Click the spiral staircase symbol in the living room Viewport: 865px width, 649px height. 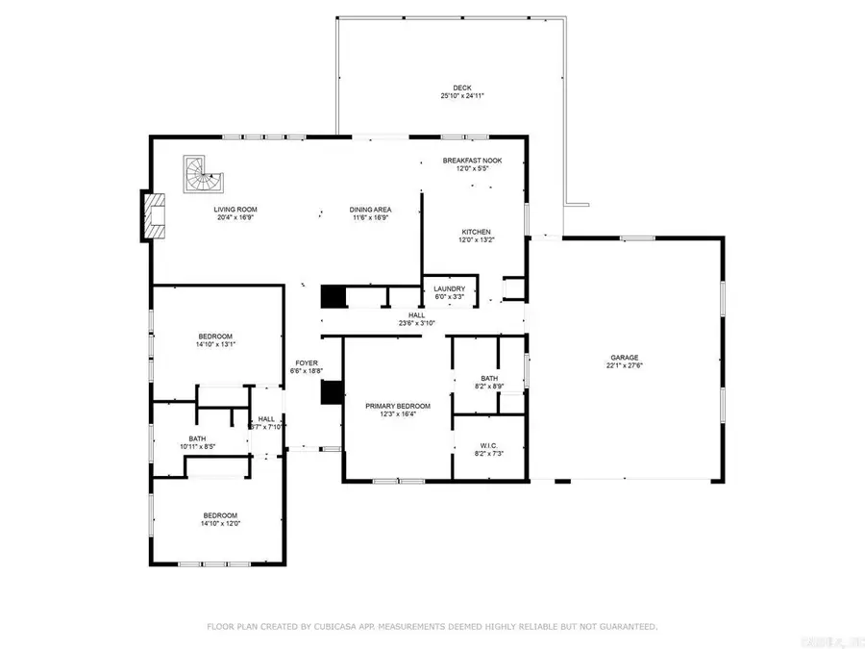[202, 174]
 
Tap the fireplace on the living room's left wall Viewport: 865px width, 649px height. [153, 215]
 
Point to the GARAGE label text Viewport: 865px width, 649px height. [622, 358]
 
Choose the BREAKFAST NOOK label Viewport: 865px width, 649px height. [471, 161]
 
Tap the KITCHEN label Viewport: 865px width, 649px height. [476, 233]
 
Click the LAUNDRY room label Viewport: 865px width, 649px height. [449, 288]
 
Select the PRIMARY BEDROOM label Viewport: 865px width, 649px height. [398, 406]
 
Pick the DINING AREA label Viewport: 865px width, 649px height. [370, 210]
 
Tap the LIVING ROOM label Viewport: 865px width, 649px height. [235, 210]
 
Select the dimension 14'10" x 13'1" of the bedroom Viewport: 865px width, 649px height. [216, 344]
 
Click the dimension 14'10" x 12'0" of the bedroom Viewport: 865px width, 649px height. [219, 524]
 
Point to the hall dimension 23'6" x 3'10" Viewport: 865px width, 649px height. [416, 323]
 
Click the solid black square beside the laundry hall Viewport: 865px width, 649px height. [333, 296]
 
